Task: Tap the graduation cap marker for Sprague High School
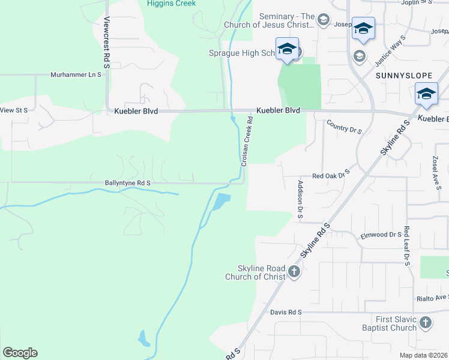(287, 48)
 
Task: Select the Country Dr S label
(345, 127)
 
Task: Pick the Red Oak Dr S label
(331, 176)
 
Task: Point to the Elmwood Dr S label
(381, 235)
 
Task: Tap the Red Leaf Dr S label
(406, 246)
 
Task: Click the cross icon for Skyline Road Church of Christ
(294, 272)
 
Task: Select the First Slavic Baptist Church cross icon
(425, 323)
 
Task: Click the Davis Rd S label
(286, 313)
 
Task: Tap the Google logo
(20, 353)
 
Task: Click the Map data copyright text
(424, 355)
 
